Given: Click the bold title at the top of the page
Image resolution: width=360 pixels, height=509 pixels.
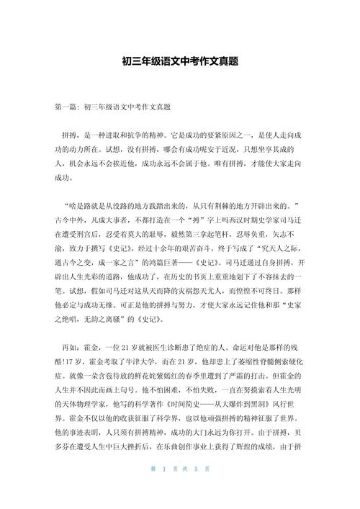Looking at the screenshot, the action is [x=180, y=62].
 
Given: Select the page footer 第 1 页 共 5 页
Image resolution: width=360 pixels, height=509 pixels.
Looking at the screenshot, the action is [x=180, y=490].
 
